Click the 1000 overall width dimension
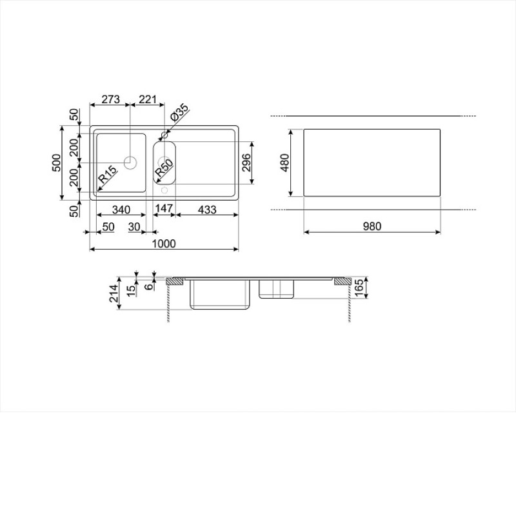(164, 244)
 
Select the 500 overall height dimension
(56, 163)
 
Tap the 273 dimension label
(110, 99)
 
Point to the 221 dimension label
(148, 99)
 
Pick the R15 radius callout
(108, 174)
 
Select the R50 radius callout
(164, 168)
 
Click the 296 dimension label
(246, 163)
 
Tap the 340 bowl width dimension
(121, 210)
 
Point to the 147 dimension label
(164, 208)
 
